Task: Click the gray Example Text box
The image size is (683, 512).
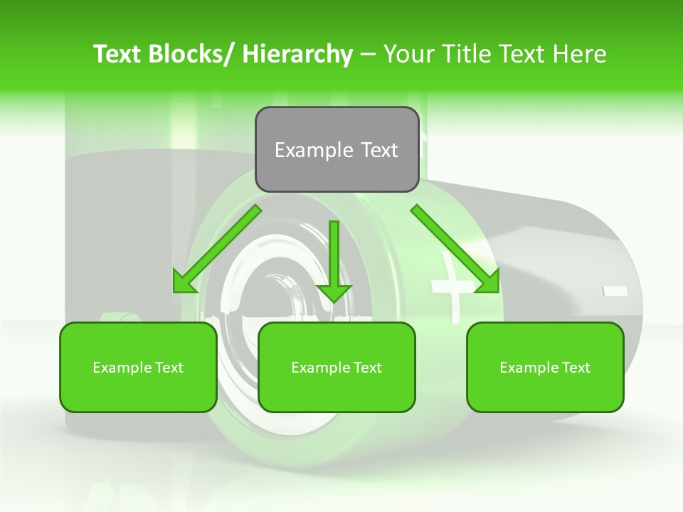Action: pyautogui.click(x=337, y=149)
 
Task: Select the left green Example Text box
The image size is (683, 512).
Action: pyautogui.click(x=138, y=367)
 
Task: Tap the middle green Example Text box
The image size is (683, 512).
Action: pyautogui.click(x=337, y=367)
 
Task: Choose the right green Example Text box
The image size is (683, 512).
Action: pyautogui.click(x=545, y=367)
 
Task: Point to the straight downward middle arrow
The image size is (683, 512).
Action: pyautogui.click(x=334, y=256)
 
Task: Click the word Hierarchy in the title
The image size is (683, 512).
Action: pyautogui.click(x=297, y=54)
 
